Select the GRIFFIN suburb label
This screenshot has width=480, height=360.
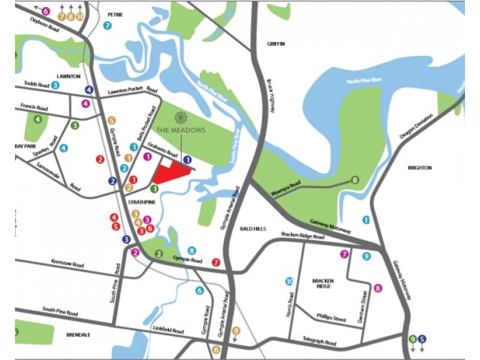277,44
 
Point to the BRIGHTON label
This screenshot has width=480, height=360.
419,168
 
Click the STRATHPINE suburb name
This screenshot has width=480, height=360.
142,203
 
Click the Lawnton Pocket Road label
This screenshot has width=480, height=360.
127,91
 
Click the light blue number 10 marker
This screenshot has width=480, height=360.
289,281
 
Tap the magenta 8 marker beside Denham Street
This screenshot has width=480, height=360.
377,289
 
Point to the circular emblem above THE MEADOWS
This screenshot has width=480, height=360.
181,117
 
